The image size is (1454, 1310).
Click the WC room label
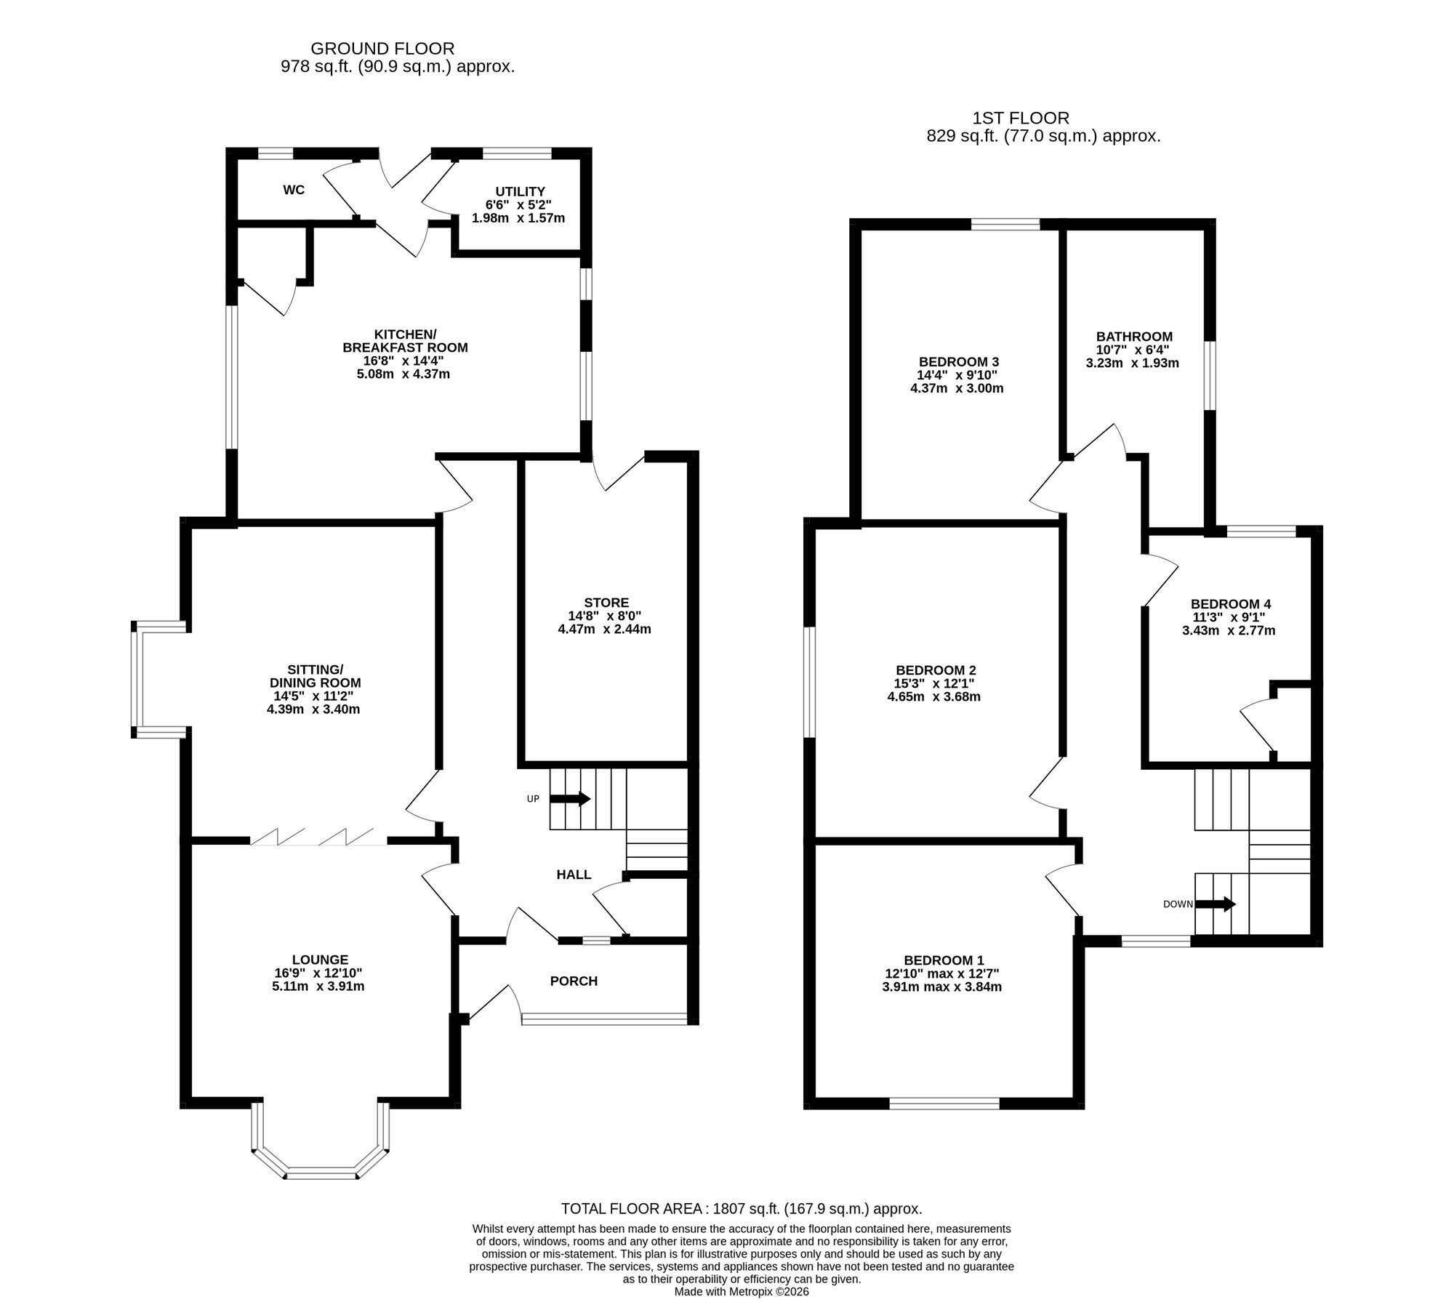click(x=294, y=190)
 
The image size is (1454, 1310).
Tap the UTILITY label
click(x=520, y=192)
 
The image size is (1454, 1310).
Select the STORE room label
click(x=606, y=603)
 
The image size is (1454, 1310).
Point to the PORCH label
click(x=574, y=981)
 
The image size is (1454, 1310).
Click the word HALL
click(x=574, y=875)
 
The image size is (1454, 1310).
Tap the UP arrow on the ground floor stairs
click(x=570, y=799)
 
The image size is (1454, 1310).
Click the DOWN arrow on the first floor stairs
click(x=1216, y=904)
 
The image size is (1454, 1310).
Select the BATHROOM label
click(x=1134, y=337)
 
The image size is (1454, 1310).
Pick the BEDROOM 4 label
click(x=1231, y=604)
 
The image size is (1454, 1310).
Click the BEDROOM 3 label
click(x=959, y=362)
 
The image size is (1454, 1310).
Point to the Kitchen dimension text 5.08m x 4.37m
click(x=405, y=374)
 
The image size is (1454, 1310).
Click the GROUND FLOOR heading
click(x=382, y=49)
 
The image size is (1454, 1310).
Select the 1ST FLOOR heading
click(x=1021, y=118)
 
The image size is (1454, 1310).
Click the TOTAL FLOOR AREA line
click(x=742, y=1209)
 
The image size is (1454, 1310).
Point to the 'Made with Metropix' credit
click(x=742, y=1292)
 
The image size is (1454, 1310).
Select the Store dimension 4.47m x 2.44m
click(x=604, y=630)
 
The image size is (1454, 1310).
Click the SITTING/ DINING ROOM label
click(x=315, y=676)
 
